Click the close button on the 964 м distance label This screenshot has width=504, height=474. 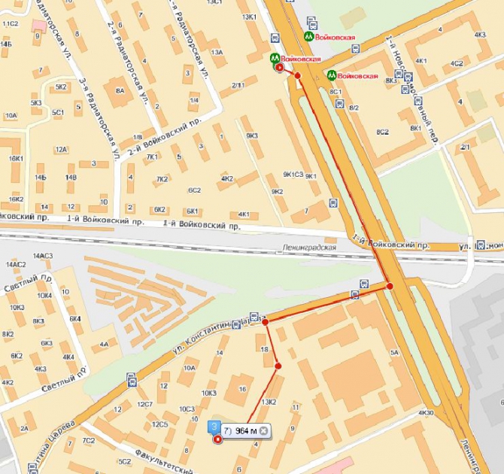[x=263, y=430]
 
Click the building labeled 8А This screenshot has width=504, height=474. [x=119, y=90]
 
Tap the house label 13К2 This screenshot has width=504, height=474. [x=269, y=402]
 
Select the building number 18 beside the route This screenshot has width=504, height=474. [x=263, y=350]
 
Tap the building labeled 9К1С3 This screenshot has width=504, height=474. [x=293, y=175]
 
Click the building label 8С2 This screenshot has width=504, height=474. [x=383, y=132]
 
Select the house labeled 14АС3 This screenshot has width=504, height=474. [x=41, y=257]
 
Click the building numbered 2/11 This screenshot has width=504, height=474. [x=239, y=85]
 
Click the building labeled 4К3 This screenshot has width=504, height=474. [x=479, y=35]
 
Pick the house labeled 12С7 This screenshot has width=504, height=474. [x=144, y=405]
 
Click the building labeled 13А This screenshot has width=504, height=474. [x=217, y=52]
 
